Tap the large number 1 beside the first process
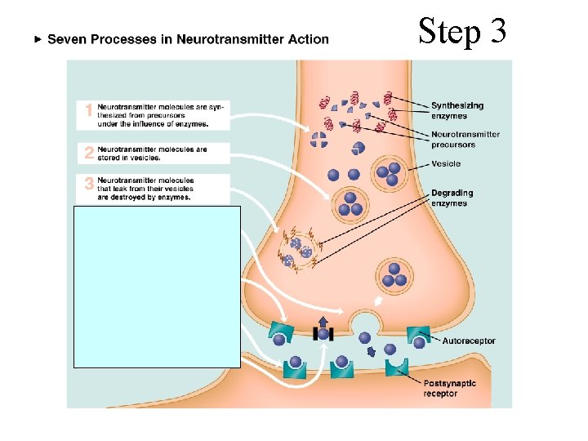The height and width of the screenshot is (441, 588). coord(89,111)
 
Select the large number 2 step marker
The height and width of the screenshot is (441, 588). coord(89,153)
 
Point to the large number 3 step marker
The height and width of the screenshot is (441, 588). coord(89,185)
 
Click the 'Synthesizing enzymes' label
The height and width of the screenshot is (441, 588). coord(457,110)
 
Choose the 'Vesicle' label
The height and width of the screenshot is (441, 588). coord(446,163)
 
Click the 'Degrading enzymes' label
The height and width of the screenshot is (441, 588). coord(452,198)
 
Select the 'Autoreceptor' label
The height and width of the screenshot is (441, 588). coord(468,341)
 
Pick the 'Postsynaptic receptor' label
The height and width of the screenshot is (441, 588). coord(449,389)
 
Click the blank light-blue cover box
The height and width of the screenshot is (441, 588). coord(158,286)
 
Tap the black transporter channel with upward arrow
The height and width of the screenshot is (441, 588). coord(323,332)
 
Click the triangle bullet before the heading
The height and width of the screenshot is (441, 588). coord(36,38)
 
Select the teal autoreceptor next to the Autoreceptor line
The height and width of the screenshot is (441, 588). coord(419,335)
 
